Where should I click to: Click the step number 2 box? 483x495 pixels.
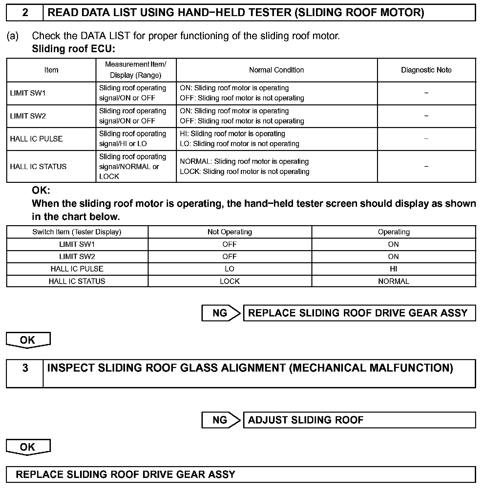tap(25, 13)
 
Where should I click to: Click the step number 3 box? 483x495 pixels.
tap(25, 368)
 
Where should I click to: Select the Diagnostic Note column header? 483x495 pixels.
tap(426, 70)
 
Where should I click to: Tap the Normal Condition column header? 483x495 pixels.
tap(276, 70)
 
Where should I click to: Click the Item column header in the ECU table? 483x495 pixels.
tap(51, 70)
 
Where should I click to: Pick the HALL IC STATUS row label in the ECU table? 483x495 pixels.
tap(38, 166)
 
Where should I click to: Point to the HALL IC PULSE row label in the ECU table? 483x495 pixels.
tap(36, 139)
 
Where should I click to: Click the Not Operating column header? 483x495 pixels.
tap(230, 232)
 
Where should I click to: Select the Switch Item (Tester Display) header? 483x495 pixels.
tap(77, 232)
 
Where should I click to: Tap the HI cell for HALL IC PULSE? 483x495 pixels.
tap(393, 269)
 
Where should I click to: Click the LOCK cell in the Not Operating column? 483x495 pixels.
tap(230, 281)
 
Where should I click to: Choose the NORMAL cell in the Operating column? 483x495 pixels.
tap(393, 281)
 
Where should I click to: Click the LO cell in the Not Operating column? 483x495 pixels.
tap(230, 269)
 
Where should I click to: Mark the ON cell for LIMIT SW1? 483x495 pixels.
tap(393, 244)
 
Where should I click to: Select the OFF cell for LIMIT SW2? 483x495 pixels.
tap(230, 256)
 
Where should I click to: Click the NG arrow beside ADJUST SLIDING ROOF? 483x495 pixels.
tap(221, 420)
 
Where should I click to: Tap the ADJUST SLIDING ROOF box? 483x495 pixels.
tap(359, 420)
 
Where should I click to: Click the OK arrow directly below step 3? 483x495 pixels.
tap(28, 447)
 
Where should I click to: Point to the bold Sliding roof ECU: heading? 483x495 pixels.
tap(73, 49)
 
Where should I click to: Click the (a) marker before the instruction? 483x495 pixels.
tap(13, 36)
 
